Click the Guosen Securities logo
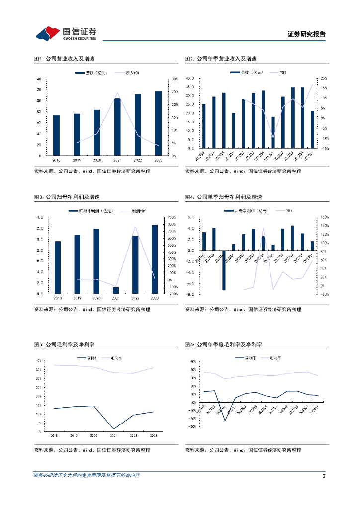tap(65, 33)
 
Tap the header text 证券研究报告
tap(307, 34)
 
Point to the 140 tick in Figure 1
tap(38, 79)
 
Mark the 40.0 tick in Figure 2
tap(189, 78)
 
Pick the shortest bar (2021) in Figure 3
tap(116, 290)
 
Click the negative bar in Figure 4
tap(224, 270)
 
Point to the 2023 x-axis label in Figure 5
tap(154, 435)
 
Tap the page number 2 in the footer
tap(324, 476)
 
